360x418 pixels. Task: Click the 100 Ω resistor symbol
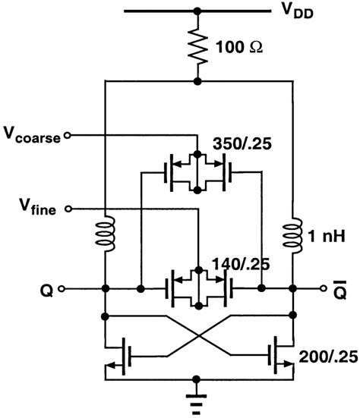click(197, 46)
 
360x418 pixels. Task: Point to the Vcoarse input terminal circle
click(68, 135)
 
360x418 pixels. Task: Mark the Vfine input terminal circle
click(70, 208)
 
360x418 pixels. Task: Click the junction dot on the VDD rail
click(197, 11)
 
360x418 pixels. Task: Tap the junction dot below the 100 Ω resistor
click(197, 81)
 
